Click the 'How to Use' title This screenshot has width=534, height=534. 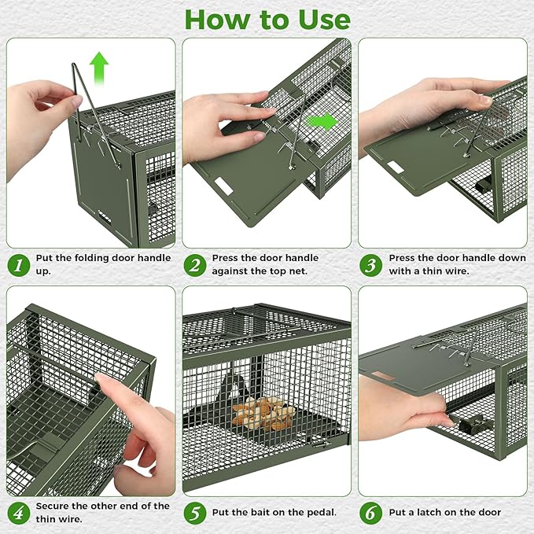267,19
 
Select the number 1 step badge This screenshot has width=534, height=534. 17,264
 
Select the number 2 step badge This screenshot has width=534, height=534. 194,264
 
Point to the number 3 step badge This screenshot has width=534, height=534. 370,264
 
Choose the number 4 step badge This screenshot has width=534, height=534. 17,512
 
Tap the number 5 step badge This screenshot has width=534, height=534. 194,512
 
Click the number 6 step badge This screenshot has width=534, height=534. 370,512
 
